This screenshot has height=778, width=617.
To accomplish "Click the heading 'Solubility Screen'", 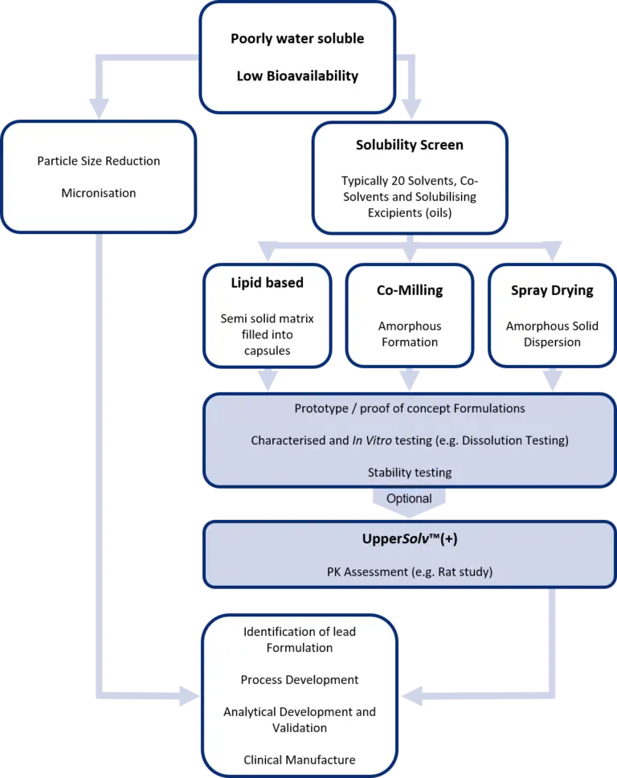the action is [x=410, y=145].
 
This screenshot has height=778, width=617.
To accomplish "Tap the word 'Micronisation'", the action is [x=99, y=193].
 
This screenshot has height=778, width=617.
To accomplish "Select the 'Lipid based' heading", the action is [x=268, y=283].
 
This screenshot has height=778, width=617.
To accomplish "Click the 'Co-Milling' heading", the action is [x=410, y=290].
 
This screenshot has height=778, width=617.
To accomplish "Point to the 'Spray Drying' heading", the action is [x=552, y=290].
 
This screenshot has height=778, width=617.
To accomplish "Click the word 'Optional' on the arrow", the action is [x=409, y=498].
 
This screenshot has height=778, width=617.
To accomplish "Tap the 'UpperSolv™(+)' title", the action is [x=410, y=538].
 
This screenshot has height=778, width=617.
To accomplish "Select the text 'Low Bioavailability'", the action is [x=297, y=76].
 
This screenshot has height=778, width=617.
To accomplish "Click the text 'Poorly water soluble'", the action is [x=297, y=39].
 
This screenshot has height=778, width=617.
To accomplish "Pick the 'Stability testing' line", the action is [x=410, y=473].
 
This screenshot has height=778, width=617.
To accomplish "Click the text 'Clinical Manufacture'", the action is [x=300, y=760].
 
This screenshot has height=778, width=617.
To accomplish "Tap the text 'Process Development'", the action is [x=300, y=680].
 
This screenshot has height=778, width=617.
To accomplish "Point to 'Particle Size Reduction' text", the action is [x=99, y=161].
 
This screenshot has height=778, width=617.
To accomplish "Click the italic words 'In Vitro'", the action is [x=372, y=440].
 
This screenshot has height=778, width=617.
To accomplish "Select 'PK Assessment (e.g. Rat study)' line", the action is [x=410, y=572].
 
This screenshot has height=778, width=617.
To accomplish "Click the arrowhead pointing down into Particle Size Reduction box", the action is [x=99, y=109].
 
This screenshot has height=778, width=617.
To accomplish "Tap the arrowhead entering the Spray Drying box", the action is [x=552, y=252].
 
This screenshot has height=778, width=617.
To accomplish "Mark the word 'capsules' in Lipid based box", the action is [x=268, y=350].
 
